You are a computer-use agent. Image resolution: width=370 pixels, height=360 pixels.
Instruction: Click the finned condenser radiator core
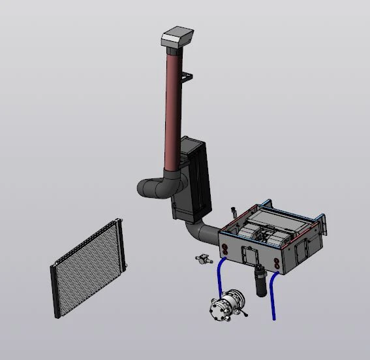pyautogui.click(x=87, y=267)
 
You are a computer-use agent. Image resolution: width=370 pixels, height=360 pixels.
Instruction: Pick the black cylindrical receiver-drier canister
pyautogui.click(x=259, y=282)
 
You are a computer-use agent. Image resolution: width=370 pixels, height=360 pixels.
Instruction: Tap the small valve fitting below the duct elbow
pyautogui.click(x=204, y=259)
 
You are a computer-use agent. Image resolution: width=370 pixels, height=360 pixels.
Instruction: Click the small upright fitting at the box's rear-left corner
pyautogui.click(x=232, y=212)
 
